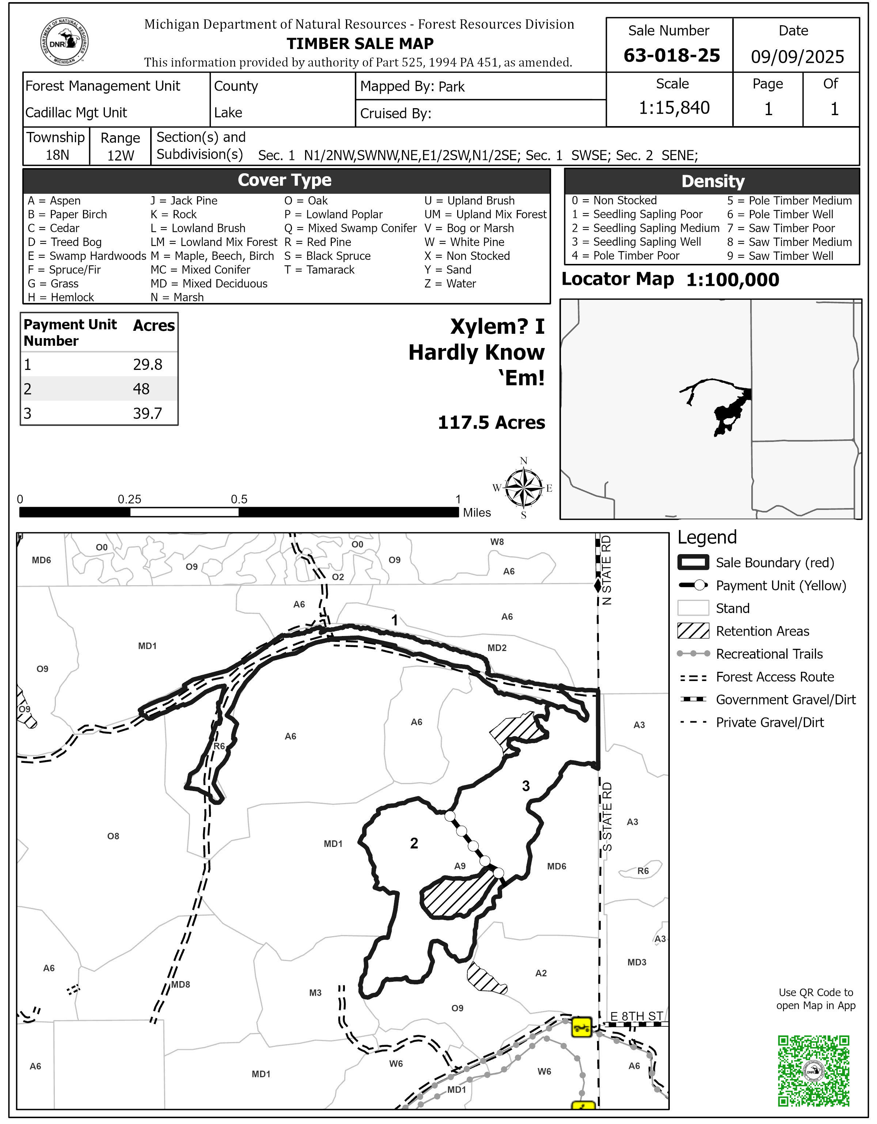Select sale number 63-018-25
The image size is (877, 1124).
click(671, 56)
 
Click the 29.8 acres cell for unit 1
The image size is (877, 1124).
click(148, 365)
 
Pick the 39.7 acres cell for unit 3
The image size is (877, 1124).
click(148, 414)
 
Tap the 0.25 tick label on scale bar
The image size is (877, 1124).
click(129, 499)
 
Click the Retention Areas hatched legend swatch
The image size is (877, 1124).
click(693, 631)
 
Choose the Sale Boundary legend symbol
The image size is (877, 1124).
click(693, 563)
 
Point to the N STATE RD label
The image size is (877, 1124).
click(607, 570)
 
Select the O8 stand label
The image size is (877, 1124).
click(113, 836)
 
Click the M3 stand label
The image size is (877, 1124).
click(315, 993)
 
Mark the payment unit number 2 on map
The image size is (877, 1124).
click(414, 843)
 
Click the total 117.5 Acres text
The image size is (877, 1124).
click(491, 423)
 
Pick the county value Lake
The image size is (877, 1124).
click(228, 113)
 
